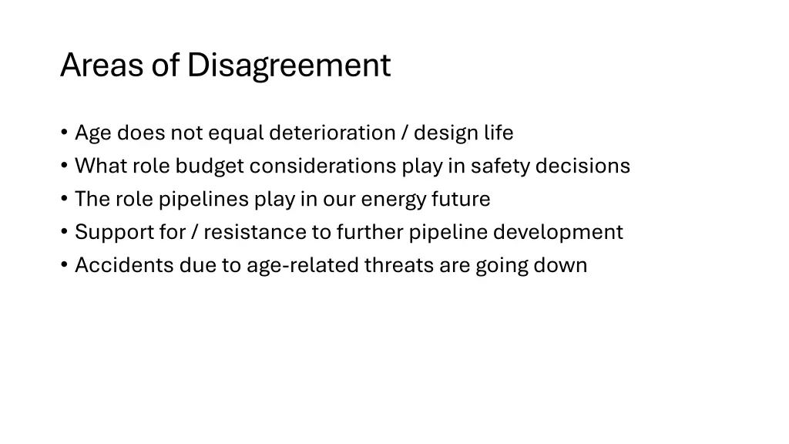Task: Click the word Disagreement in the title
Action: tap(289, 66)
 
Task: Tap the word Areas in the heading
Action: tap(102, 66)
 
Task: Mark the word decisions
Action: tap(583, 166)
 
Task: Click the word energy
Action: tap(393, 200)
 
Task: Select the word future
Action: tap(461, 200)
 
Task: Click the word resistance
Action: tap(254, 232)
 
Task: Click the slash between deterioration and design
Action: tap(405, 133)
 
